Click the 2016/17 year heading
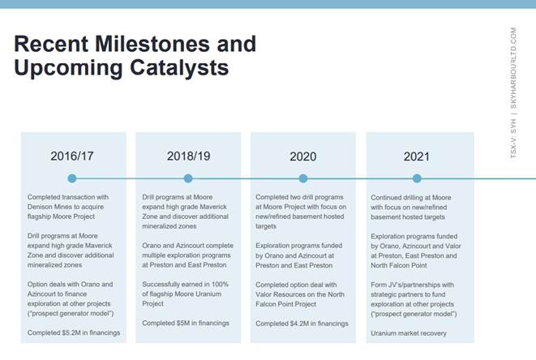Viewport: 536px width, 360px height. coord(72,156)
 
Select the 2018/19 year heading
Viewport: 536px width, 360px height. coord(188,156)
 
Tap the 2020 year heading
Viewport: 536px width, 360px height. coord(302,156)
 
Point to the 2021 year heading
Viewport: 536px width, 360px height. coord(416,156)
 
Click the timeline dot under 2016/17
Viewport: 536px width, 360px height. coord(72,178)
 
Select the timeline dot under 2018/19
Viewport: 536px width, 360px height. coord(188,178)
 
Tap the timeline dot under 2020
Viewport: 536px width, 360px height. coord(302,178)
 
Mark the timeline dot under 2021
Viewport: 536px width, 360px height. coord(417,178)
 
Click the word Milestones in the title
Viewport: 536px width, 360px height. coord(152,44)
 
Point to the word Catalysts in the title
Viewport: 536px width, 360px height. coord(179,67)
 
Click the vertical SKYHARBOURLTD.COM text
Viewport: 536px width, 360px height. coord(513,67)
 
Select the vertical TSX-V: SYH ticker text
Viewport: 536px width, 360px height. coord(513,139)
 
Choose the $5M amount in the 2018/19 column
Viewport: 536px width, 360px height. coord(183,323)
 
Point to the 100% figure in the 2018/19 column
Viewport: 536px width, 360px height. coord(220,284)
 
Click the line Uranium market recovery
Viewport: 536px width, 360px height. coord(409,333)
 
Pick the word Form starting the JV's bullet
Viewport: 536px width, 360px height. coord(379,285)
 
